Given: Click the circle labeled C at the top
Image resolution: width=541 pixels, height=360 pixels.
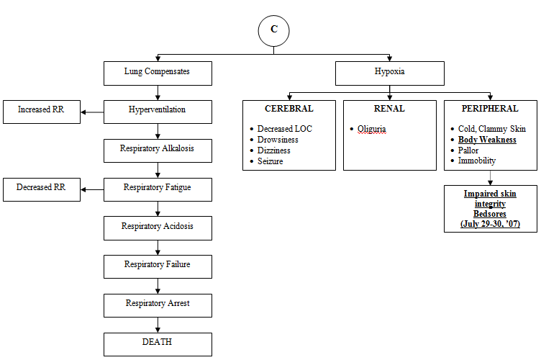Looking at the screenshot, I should [273, 30].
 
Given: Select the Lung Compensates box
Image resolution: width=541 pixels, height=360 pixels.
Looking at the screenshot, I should [158, 73].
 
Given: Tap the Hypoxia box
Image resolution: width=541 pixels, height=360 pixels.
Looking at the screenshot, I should [391, 73].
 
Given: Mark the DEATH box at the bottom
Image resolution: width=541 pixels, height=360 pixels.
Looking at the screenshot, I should [158, 343].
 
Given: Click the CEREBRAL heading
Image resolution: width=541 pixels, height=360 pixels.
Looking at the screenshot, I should [288, 109].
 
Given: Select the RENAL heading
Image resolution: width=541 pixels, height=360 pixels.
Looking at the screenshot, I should [389, 109].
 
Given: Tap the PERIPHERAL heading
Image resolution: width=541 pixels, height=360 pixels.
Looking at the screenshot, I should [490, 109].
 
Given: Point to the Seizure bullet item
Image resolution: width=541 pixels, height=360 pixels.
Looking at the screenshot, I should [270, 161].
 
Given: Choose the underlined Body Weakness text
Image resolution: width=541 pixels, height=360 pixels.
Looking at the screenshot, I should [487, 140].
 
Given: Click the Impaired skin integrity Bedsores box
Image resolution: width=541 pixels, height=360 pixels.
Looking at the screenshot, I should [490, 210].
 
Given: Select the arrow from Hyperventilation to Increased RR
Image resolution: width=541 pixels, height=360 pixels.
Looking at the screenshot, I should [92, 112].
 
